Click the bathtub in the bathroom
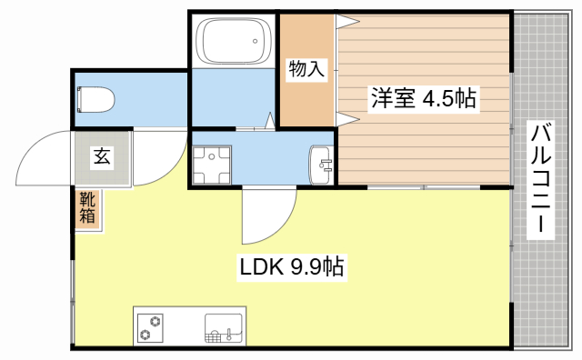pos(235,41)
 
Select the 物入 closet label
pos(306,69)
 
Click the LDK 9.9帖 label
pos(291,267)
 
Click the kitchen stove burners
pos(150,327)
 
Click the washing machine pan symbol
pos(212,164)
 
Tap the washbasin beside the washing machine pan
pos(323,164)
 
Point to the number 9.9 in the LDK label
pos(306,267)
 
